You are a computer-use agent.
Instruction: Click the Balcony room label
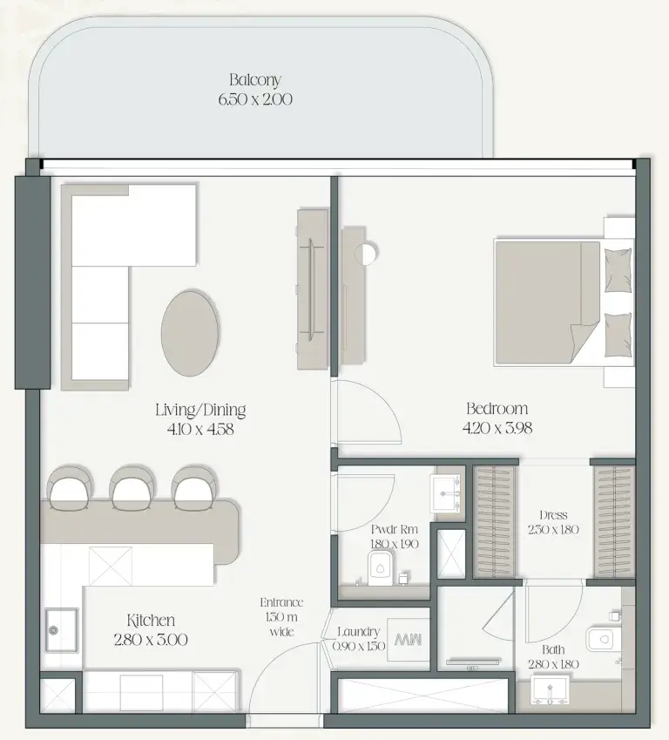255,80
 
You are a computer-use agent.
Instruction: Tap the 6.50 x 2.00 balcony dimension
255,99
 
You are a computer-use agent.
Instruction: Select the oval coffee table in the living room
190,333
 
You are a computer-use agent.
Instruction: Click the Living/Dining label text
200,410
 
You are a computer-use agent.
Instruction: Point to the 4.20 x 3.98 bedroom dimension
497,428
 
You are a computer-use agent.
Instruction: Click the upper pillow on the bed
618,270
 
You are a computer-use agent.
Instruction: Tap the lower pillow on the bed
618,335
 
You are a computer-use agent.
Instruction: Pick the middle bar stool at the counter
132,488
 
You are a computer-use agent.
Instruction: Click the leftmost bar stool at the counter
71,488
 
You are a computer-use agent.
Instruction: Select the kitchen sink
61,630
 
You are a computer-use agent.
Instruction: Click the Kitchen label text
151,620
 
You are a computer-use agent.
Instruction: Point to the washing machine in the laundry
408,640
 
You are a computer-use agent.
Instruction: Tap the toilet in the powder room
380,567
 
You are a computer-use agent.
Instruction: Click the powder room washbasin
446,493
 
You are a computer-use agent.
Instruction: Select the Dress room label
553,515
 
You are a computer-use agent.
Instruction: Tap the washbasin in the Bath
551,690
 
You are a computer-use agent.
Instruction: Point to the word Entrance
281,602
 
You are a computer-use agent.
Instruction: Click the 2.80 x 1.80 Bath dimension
553,664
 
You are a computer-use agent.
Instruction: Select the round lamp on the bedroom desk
366,254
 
